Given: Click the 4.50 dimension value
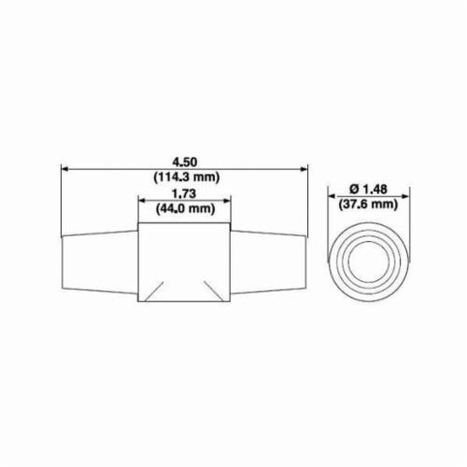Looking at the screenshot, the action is click(185, 163).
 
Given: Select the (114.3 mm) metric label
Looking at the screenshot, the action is click(187, 177).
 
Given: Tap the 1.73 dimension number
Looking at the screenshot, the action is click(184, 193).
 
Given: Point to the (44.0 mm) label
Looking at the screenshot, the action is click(186, 208).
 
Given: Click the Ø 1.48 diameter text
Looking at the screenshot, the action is click(368, 189).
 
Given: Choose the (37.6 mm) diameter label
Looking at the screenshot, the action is click(368, 205).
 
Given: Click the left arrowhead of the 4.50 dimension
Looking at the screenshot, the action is click(64, 169).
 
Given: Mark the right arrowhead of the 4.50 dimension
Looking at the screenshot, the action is click(304, 169).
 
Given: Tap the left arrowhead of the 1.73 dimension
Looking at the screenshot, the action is click(142, 201).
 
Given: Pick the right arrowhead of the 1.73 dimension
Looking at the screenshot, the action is click(226, 201).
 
